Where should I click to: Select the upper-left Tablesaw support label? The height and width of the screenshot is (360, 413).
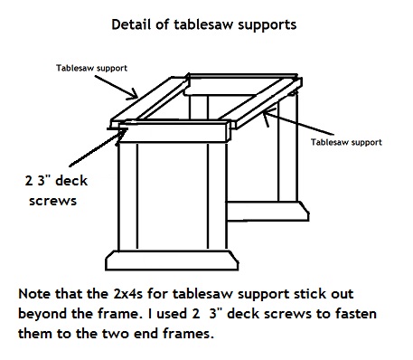click(90, 69)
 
